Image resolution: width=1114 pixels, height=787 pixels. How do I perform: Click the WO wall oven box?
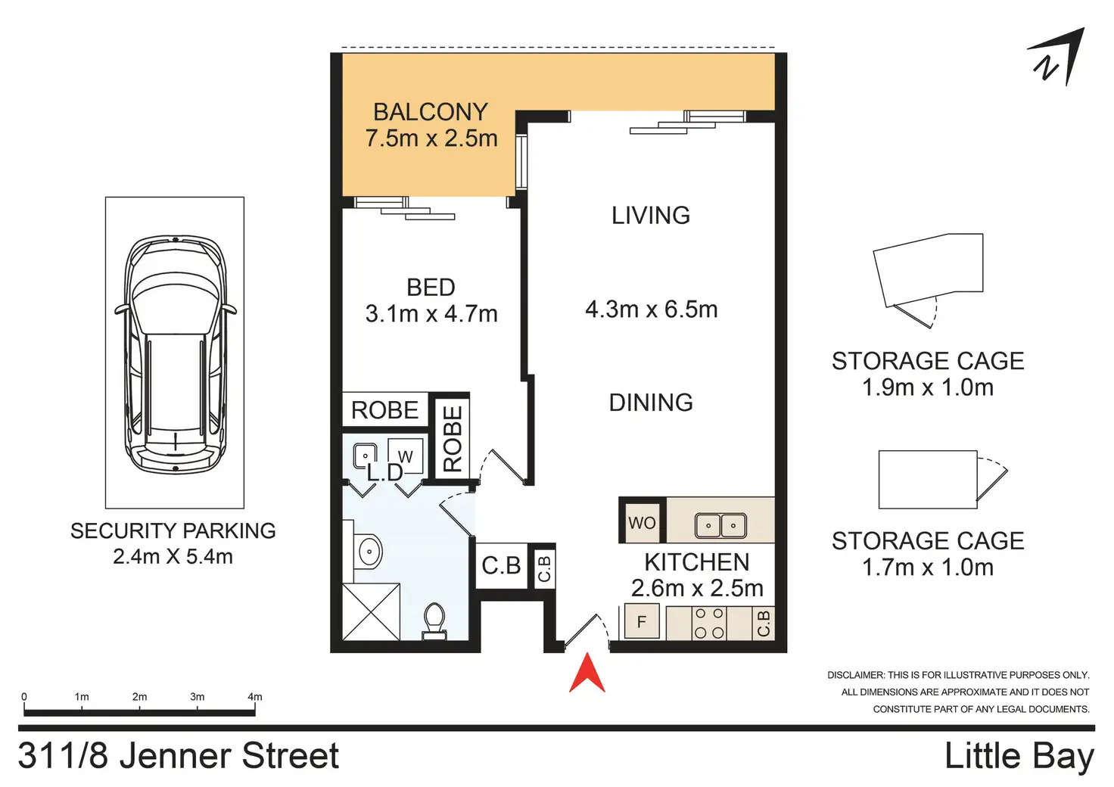[x=642, y=523]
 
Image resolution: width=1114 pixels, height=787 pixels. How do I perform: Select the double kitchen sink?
[x=720, y=525]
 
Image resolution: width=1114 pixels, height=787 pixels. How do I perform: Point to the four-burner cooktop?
[x=709, y=623]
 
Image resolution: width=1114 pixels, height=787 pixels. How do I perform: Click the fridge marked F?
[x=642, y=621]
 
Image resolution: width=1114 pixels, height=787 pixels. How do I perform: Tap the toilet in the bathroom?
[x=434, y=621]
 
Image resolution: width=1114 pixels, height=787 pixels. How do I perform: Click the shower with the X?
[x=371, y=612]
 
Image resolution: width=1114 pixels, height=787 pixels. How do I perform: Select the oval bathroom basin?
[x=369, y=551]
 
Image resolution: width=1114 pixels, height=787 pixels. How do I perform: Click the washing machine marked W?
[x=406, y=456]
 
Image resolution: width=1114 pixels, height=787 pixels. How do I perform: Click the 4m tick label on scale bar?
[x=254, y=696]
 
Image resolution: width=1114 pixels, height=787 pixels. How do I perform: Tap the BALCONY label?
[x=431, y=112]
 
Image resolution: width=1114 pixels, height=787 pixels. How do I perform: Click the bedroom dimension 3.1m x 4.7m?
[x=431, y=314]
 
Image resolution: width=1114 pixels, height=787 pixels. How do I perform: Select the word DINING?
[x=651, y=402]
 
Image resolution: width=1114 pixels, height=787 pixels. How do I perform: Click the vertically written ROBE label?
[x=453, y=438]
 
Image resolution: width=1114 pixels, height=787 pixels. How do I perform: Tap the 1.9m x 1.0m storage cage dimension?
[x=928, y=387]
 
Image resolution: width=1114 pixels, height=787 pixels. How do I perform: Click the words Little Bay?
[x=1019, y=756]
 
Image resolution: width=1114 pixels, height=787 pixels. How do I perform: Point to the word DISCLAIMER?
[x=855, y=675]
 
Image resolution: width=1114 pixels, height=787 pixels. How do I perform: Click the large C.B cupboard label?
[x=501, y=565]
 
